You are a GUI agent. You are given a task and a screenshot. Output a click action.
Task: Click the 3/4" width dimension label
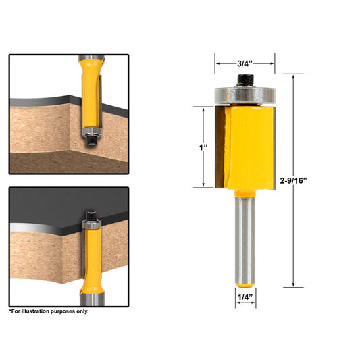(x=245, y=63)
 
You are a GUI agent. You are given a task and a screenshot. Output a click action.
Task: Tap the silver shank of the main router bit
(x=245, y=243)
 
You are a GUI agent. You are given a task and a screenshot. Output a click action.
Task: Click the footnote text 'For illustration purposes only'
(x=49, y=311)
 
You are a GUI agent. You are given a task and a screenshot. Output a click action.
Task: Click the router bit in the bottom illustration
(x=91, y=257)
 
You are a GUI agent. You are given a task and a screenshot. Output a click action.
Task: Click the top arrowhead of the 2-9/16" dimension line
(x=294, y=75)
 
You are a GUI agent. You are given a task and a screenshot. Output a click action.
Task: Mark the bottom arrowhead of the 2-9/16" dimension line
(x=294, y=285)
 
